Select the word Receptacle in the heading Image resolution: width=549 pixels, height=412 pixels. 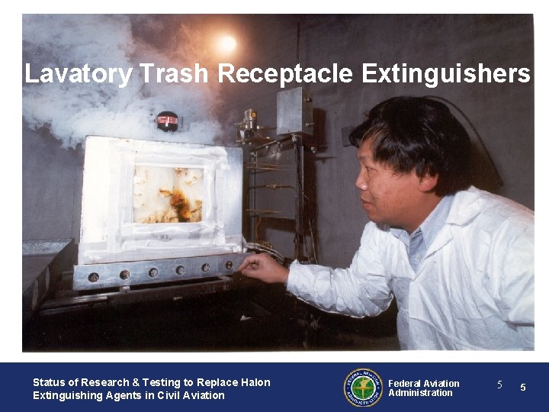pyautogui.click(x=287, y=74)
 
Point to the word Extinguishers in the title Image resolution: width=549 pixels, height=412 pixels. pyautogui.click(x=446, y=74)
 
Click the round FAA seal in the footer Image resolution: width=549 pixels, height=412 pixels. pyautogui.click(x=362, y=388)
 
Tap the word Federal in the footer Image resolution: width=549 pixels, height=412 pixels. pyautogui.click(x=404, y=383)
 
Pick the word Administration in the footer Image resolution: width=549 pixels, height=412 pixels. pyautogui.click(x=420, y=393)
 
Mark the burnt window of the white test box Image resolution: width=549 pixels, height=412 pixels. pyautogui.click(x=168, y=194)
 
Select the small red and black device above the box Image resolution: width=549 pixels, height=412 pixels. pyautogui.click(x=167, y=120)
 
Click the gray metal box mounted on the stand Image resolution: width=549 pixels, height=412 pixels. pyautogui.click(x=294, y=111)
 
